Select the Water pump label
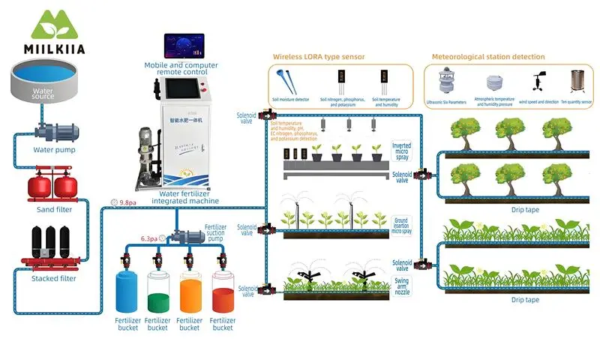(x=54, y=149)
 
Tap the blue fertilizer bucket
(x=127, y=293)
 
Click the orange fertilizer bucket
(x=190, y=293)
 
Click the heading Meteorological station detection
(x=488, y=56)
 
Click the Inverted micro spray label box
(x=402, y=151)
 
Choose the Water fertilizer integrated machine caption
(x=185, y=196)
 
